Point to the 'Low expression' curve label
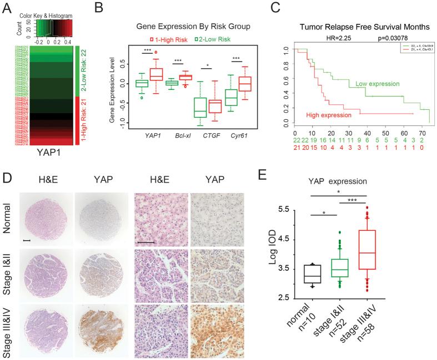click(378, 84)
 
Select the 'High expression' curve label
click(330, 115)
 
